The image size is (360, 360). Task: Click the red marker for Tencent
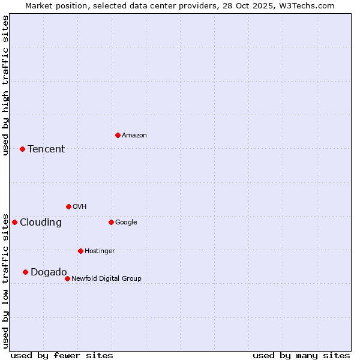coord(22,149)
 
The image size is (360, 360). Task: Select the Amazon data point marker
coord(118,135)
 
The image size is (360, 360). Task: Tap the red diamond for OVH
coord(68,206)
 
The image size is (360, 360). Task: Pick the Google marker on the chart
coord(111,222)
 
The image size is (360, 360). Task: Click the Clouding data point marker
coord(14,222)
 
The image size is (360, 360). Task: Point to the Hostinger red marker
coord(80,251)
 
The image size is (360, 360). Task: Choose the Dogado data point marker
coord(25,272)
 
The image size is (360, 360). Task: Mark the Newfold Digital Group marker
coord(67,278)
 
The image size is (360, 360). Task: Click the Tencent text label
coord(46,149)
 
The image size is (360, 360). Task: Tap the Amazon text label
coord(134,136)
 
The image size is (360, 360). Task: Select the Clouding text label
coord(41,223)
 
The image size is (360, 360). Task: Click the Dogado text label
coord(49,272)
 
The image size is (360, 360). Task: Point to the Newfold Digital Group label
coord(107,278)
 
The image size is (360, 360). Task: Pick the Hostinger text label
coord(100,251)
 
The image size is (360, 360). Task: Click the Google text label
coord(126,222)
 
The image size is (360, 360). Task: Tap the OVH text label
coord(80,206)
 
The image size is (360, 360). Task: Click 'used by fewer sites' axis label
coord(62,355)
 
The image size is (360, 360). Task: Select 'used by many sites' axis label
coord(301,355)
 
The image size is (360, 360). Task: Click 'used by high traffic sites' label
coord(5,85)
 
